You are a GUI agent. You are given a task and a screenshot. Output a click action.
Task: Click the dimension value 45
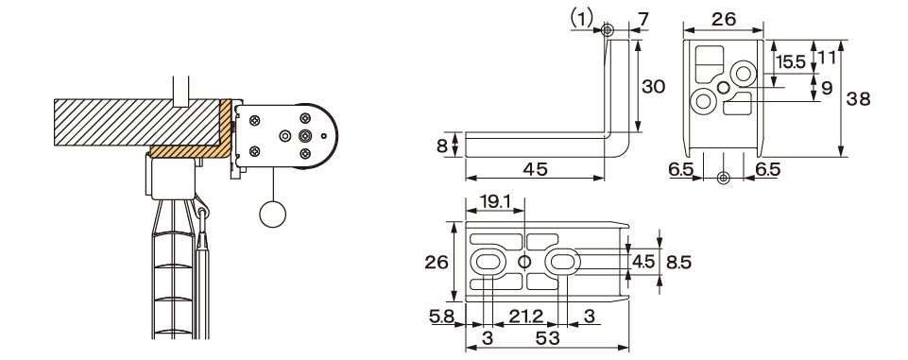[535, 169]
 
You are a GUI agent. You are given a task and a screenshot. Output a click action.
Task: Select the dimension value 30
[654, 87]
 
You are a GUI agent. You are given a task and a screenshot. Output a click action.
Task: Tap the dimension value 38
[858, 99]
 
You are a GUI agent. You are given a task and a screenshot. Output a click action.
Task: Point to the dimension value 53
[547, 338]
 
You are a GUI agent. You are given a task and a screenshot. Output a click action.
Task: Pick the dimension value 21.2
[525, 316]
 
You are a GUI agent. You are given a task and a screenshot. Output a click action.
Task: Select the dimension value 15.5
[791, 62]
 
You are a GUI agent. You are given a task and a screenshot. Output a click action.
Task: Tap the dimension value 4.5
[643, 262]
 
